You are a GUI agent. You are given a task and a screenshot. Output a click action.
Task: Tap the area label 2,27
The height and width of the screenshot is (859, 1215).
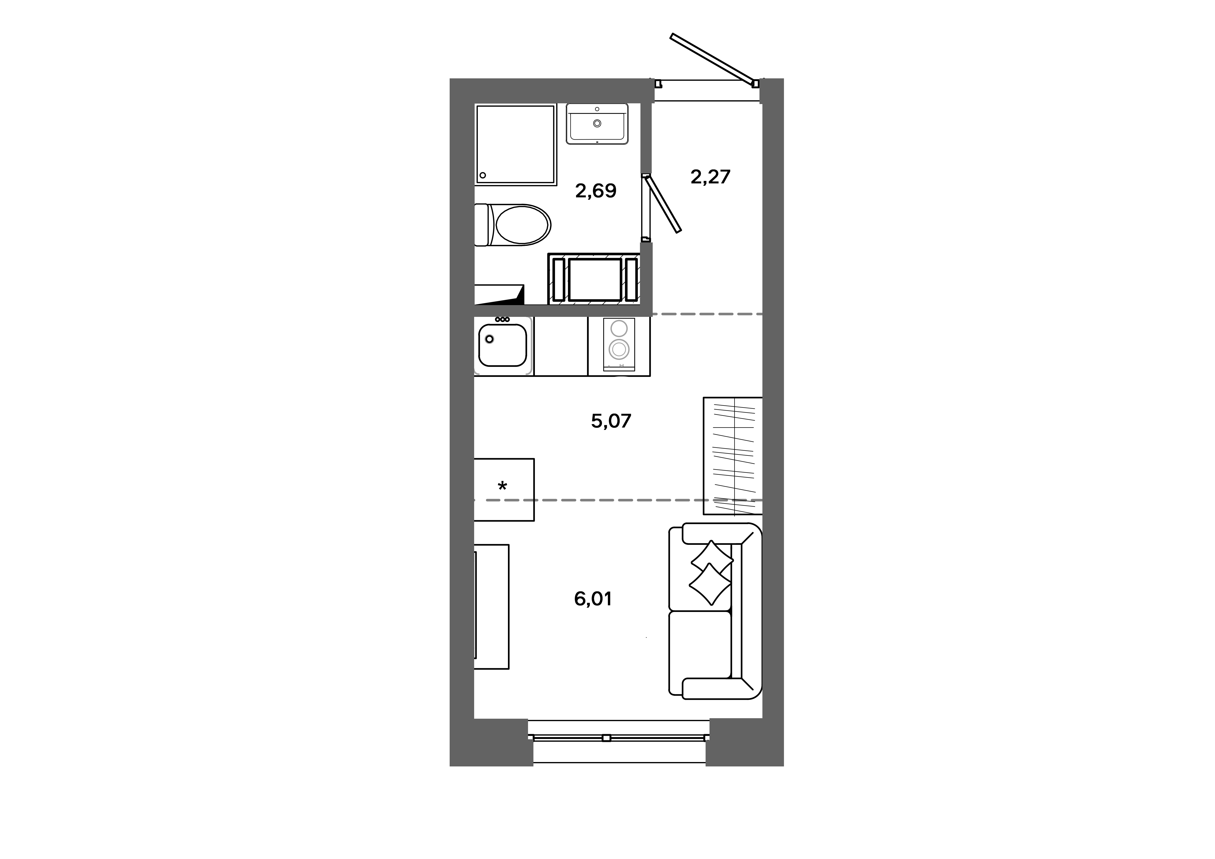[710, 177]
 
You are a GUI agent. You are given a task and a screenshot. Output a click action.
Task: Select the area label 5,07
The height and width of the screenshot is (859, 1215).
[611, 421]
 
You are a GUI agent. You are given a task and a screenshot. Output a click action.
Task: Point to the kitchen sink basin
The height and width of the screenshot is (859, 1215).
[503, 346]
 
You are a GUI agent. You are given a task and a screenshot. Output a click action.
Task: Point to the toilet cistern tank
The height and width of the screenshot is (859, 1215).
[481, 225]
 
